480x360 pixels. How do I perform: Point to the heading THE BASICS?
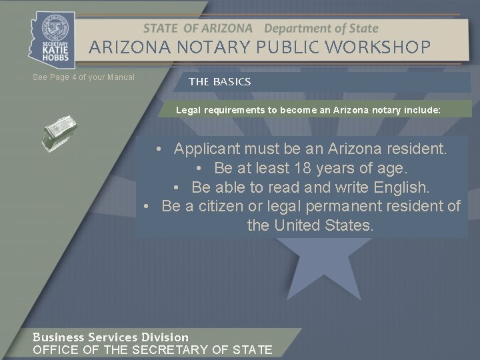(x=219, y=81)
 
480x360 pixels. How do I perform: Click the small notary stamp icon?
(x=59, y=132)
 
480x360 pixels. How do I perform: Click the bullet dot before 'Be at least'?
(x=200, y=167)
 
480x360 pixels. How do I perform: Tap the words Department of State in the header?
(x=321, y=29)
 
